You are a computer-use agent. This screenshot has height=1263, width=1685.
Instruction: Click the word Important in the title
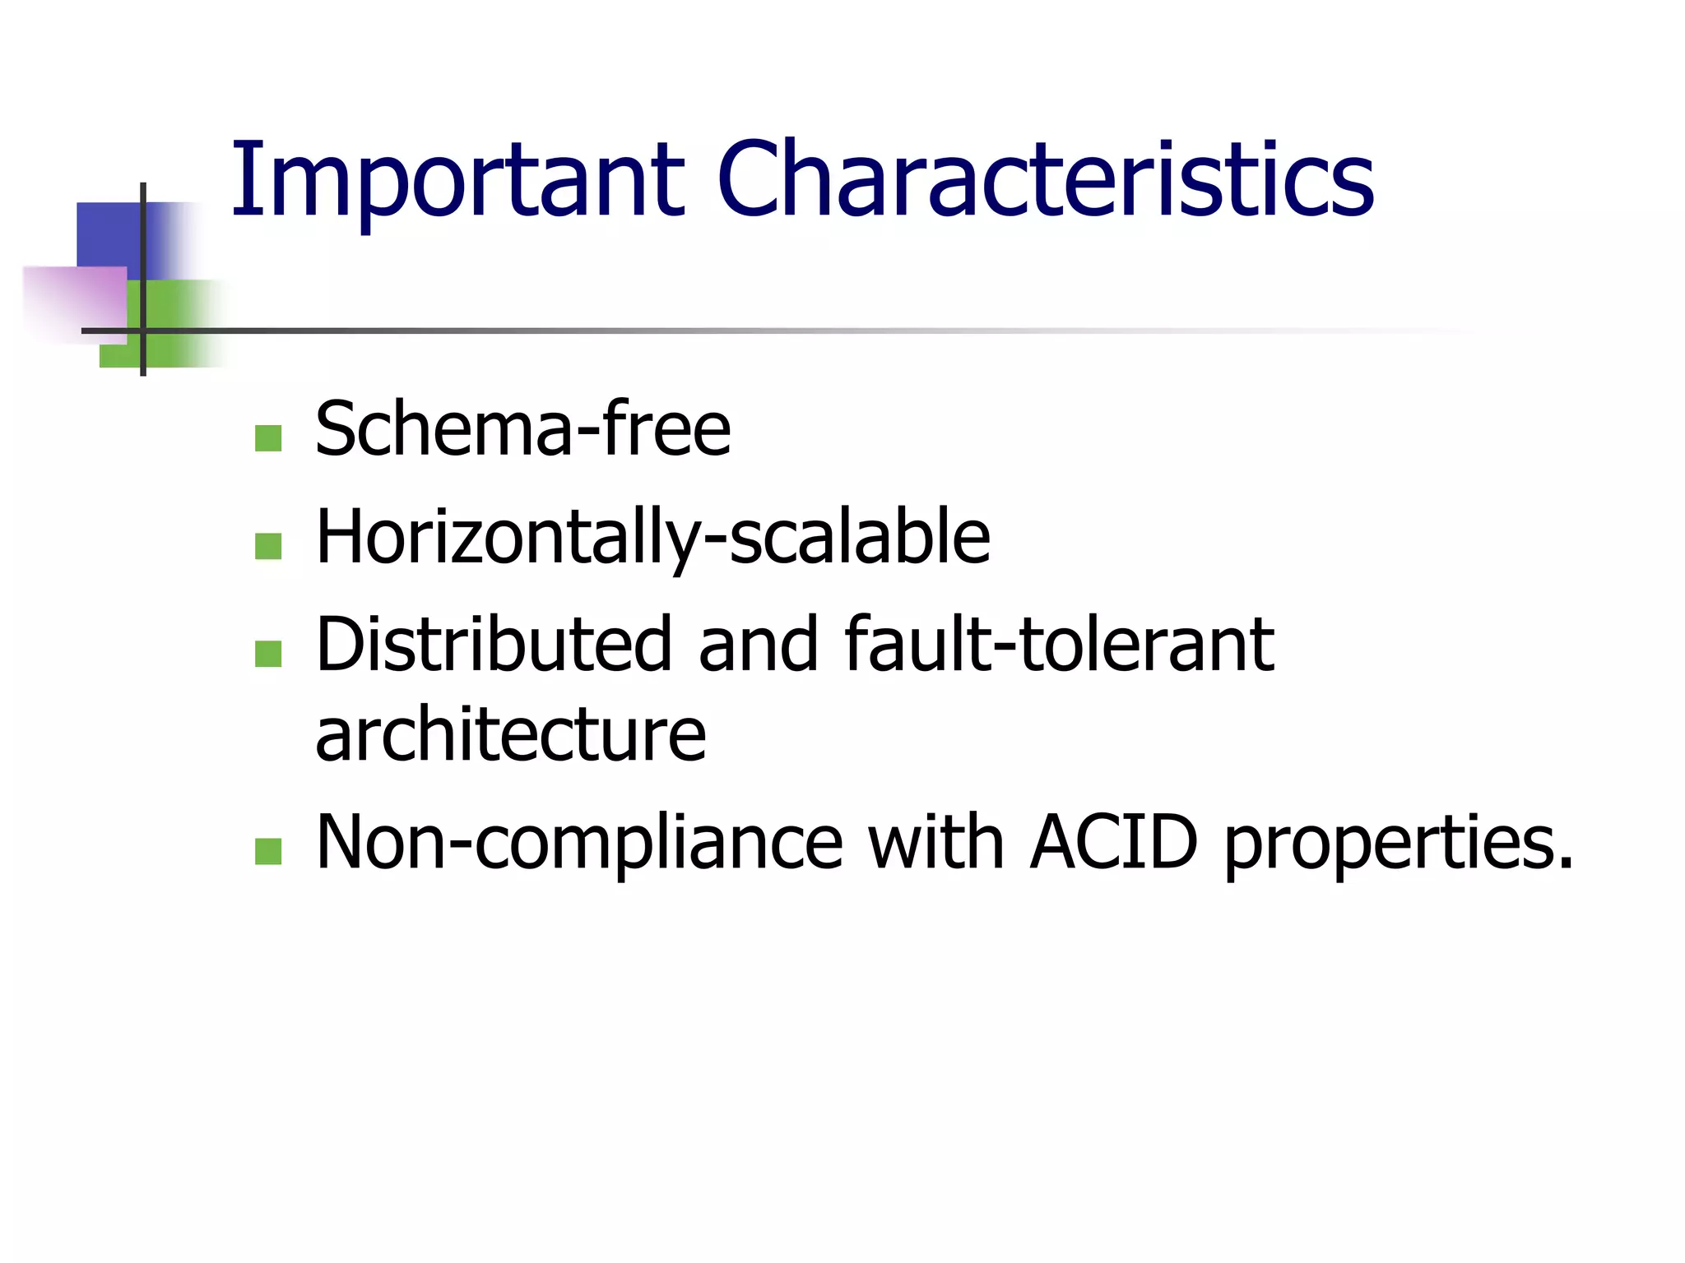click(x=457, y=181)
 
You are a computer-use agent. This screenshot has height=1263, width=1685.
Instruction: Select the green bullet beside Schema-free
click(x=268, y=438)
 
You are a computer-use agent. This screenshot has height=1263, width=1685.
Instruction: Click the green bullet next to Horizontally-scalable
click(x=268, y=546)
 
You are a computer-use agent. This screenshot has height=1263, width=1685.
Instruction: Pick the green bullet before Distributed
click(x=268, y=654)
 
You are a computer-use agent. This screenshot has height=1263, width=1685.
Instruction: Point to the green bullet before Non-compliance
click(x=268, y=851)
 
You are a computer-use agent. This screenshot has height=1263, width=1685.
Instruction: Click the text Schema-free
click(x=523, y=429)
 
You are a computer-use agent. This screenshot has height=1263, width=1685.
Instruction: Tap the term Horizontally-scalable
click(x=653, y=538)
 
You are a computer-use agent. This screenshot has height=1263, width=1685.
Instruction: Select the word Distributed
click(x=494, y=645)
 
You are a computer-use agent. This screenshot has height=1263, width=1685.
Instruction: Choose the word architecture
click(x=511, y=734)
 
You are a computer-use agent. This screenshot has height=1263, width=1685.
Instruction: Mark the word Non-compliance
click(x=580, y=842)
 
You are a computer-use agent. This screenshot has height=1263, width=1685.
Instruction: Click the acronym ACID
click(x=1114, y=842)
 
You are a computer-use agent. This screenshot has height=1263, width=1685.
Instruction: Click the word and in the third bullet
click(x=759, y=645)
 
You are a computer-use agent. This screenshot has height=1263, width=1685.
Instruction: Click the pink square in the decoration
click(x=74, y=300)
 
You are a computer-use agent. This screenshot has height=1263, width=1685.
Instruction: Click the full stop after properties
click(x=1563, y=863)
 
